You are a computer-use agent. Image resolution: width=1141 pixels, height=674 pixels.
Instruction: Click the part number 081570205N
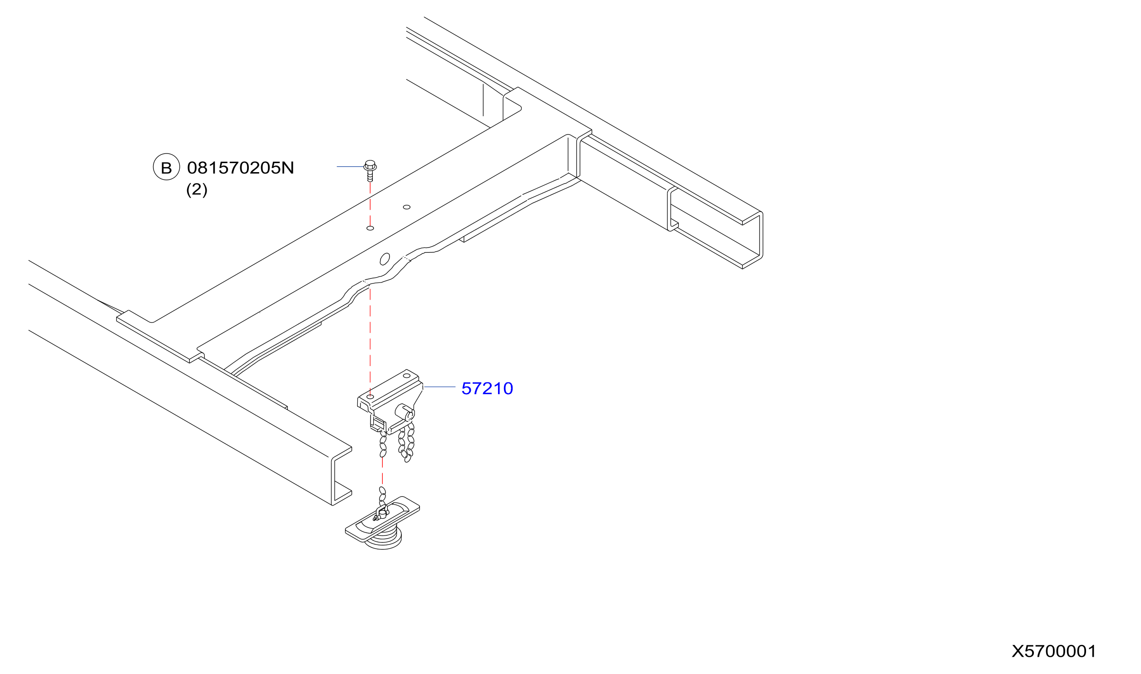(241, 168)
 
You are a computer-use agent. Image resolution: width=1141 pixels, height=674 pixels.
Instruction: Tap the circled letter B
(167, 167)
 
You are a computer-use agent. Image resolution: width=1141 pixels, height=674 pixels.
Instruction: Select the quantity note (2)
(197, 189)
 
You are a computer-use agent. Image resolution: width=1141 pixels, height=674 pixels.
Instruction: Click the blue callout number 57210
(487, 388)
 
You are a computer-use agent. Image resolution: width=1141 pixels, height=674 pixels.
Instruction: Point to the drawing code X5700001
(1054, 651)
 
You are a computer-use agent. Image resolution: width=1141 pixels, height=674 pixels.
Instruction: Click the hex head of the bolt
(370, 165)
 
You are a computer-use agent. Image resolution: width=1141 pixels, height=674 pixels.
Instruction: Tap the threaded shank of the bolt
(370, 176)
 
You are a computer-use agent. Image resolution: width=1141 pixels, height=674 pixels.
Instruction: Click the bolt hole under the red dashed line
(370, 228)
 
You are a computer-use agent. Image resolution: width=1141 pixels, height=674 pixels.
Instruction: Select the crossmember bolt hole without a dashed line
(407, 207)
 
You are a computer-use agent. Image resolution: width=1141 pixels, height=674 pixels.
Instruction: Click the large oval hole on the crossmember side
(385, 259)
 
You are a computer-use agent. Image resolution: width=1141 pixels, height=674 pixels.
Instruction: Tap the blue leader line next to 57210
(440, 387)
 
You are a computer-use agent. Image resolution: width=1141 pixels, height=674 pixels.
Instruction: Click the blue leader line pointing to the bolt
(351, 167)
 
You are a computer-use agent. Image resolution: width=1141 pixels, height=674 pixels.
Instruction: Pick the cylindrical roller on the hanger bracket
(404, 412)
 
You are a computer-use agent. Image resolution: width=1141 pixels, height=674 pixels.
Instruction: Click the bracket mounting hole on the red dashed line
(370, 397)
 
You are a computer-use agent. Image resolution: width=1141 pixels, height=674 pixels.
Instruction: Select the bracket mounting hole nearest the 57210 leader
(406, 376)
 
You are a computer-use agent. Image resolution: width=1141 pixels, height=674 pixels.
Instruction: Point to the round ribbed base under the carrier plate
(384, 540)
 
